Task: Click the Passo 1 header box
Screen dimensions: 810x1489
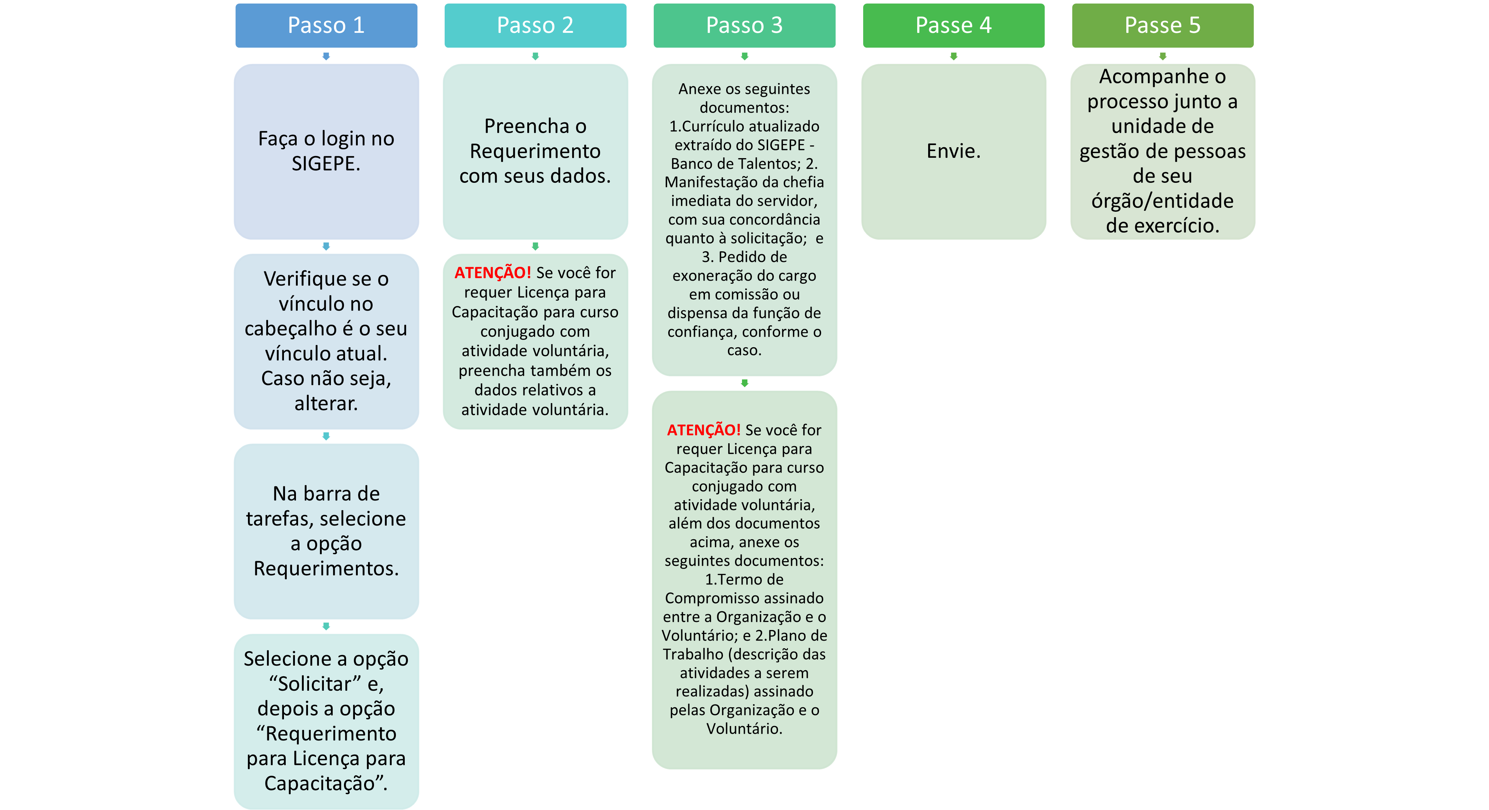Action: pos(326,25)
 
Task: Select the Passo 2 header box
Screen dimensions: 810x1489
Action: pos(535,25)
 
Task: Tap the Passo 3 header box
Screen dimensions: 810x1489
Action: pos(744,25)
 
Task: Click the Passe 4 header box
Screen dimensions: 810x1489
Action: pos(954,25)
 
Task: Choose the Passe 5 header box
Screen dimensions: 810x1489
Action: pos(1162,25)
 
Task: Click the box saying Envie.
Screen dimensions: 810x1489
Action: pos(954,151)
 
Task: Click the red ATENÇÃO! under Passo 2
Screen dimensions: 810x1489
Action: pos(492,273)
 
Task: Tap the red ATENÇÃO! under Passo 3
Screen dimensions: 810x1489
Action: pos(704,430)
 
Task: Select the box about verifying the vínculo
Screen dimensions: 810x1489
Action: pos(326,341)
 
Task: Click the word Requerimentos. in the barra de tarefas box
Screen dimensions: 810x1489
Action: pos(326,569)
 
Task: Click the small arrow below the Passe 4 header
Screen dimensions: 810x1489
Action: pos(954,56)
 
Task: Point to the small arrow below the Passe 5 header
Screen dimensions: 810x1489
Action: pos(1162,56)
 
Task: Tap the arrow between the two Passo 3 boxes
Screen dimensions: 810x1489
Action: pos(744,383)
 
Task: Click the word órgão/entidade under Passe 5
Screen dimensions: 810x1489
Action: pos(1162,201)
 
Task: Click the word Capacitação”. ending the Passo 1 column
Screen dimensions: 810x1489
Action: pos(326,784)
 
